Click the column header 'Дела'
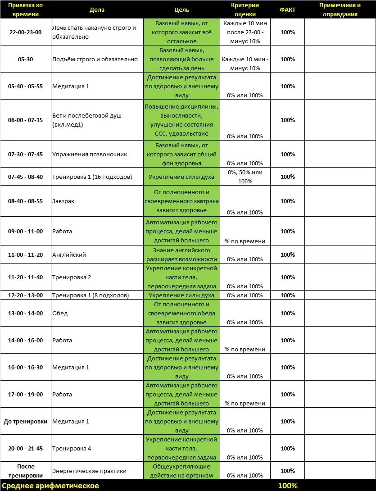click(x=97, y=9)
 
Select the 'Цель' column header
click(x=181, y=9)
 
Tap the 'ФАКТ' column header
click(x=287, y=9)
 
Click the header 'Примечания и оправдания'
click(x=340, y=9)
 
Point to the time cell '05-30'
click(x=25, y=59)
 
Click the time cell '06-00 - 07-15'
click(x=25, y=120)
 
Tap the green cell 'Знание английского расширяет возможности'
click(x=181, y=255)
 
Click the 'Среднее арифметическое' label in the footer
click(x=51, y=486)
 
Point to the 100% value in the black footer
click(x=287, y=486)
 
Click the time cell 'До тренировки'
click(x=25, y=421)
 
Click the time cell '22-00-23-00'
click(x=25, y=32)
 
